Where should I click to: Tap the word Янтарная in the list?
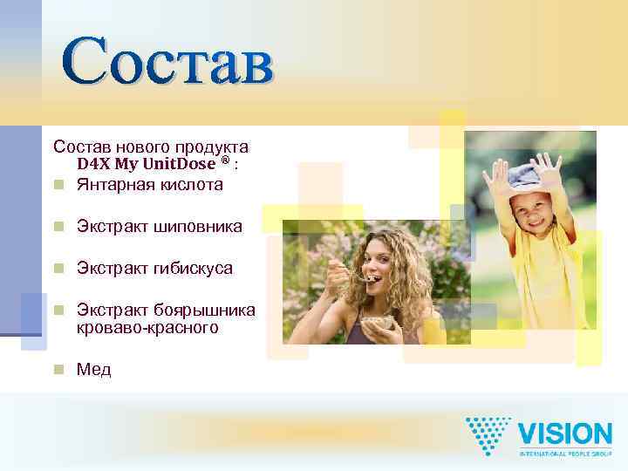113,184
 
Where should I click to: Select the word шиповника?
198,226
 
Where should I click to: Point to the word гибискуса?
193,268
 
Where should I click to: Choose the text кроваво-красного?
147,328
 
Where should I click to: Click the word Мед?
94,370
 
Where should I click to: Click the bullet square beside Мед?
58,370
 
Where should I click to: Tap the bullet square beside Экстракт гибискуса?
58,268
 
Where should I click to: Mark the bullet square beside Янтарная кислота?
58,185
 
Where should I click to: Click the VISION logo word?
565,434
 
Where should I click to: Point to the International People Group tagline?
565,454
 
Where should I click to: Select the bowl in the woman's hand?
378,324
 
